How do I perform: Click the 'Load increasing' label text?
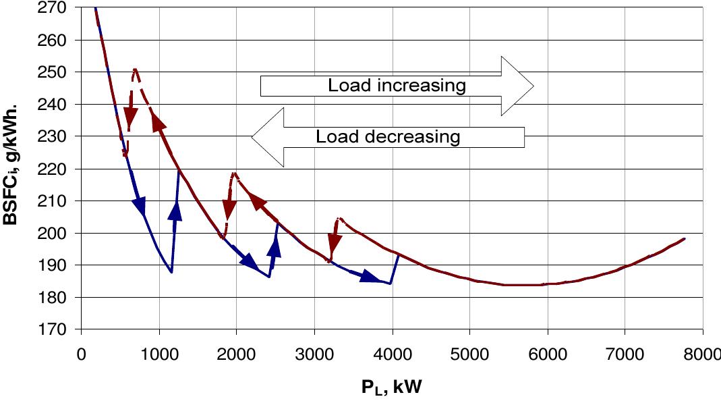[397, 86]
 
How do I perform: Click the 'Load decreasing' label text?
[388, 137]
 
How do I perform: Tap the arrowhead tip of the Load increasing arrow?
[533, 86]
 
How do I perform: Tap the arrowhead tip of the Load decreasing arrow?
[252, 137]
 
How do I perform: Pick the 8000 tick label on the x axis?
[702, 353]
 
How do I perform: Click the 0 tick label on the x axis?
[82, 353]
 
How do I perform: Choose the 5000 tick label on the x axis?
[469, 353]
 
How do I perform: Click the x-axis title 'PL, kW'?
[391, 386]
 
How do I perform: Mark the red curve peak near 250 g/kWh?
[136, 69]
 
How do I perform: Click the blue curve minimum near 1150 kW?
[171, 272]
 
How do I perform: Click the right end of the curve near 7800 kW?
[685, 239]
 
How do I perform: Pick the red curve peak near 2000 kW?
[234, 173]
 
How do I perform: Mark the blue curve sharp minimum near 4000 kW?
[390, 284]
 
